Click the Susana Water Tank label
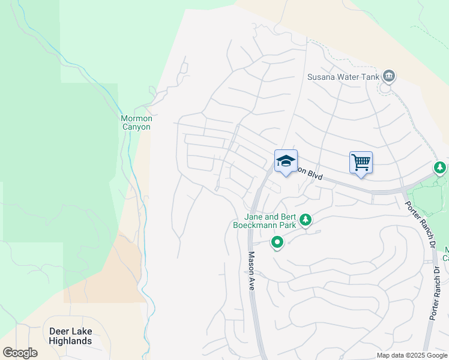click(x=343, y=77)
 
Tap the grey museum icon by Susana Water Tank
click(x=389, y=76)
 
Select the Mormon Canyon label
click(x=137, y=122)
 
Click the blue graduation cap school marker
click(x=286, y=161)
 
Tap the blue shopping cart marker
click(x=361, y=162)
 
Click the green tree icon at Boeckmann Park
click(x=306, y=220)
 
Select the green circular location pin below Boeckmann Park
click(x=277, y=243)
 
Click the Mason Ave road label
click(x=252, y=271)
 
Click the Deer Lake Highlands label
click(x=71, y=336)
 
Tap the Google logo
click(x=20, y=353)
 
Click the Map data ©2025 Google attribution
click(x=411, y=355)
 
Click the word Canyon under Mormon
click(x=137, y=127)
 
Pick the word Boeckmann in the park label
click(x=257, y=225)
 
